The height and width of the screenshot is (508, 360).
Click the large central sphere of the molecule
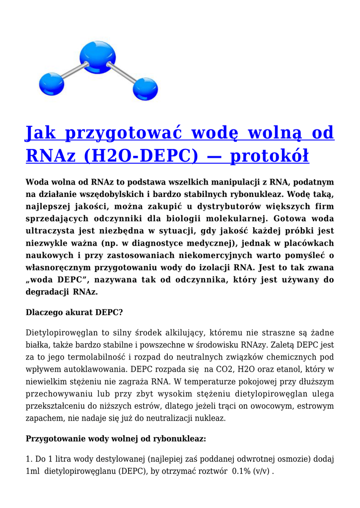[x=98, y=58]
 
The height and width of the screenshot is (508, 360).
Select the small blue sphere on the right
[x=145, y=89]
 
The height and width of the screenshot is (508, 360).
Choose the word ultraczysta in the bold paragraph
[x=53, y=231]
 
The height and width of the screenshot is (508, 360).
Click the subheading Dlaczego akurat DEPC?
[x=74, y=313]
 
